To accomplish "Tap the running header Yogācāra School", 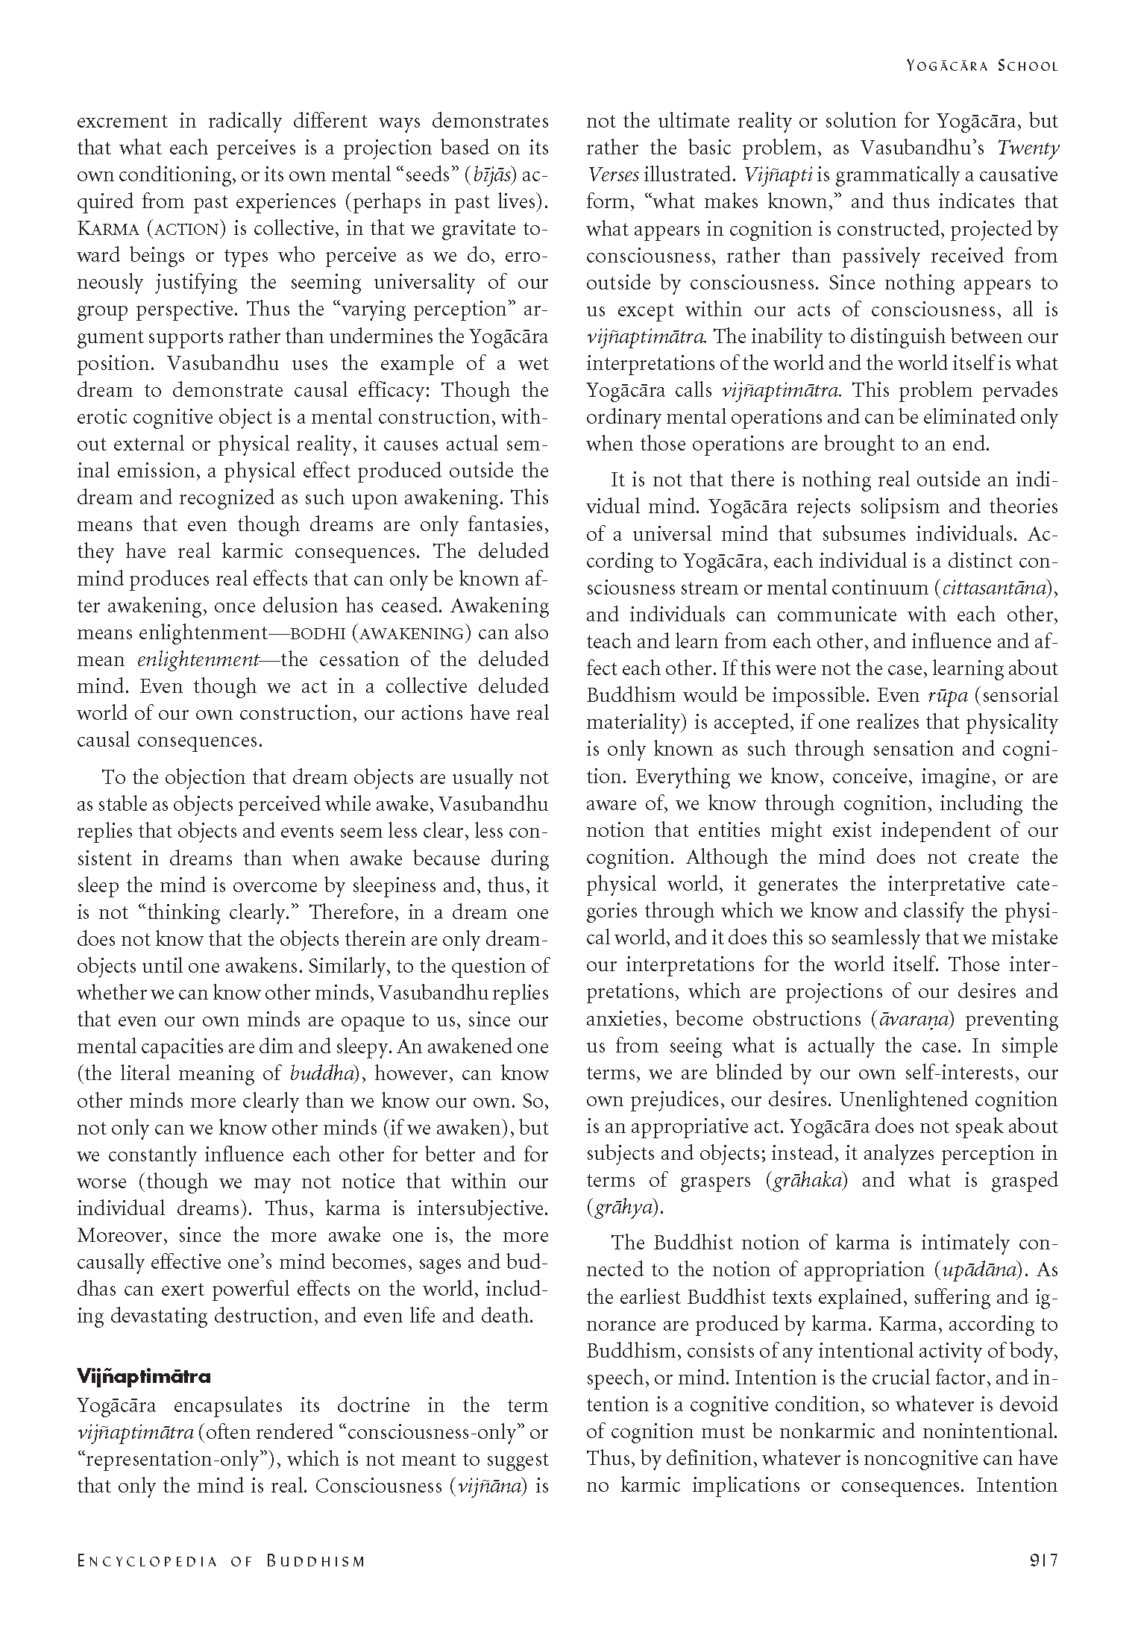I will (x=982, y=66).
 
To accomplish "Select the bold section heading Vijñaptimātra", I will (x=144, y=1375).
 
